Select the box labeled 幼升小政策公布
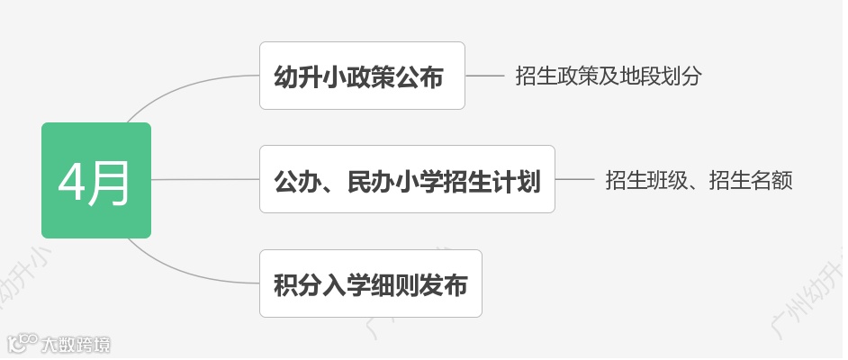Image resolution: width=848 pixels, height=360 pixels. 362,76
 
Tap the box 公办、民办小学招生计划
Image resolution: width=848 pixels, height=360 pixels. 407,180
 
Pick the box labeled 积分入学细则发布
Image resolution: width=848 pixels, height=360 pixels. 371,283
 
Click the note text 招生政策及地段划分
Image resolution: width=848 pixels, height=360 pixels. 609,76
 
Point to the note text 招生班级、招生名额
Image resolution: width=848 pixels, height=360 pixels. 699,180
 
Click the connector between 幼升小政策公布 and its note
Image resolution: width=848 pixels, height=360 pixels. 485,76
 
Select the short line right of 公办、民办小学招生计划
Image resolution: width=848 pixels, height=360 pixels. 572,180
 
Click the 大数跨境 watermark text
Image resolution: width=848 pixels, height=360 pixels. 76,344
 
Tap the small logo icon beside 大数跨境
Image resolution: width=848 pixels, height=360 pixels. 23,344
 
